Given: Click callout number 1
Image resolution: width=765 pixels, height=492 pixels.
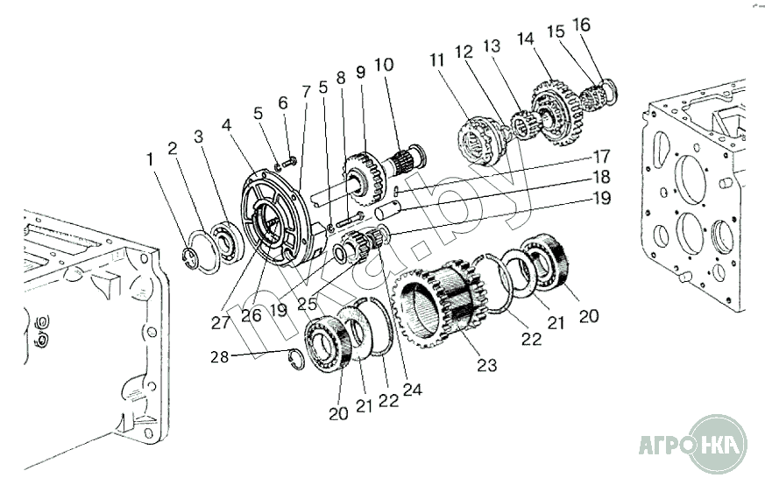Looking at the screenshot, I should click(150, 159).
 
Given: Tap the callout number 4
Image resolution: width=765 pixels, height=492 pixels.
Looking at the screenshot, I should click(227, 125).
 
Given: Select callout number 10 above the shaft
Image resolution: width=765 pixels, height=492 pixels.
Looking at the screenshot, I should click(384, 65).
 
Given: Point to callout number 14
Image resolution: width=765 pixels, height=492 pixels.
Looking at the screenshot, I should click(525, 40).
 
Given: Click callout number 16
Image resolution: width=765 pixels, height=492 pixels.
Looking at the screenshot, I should click(582, 25).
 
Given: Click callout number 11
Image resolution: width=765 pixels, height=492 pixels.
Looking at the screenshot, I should click(438, 60).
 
